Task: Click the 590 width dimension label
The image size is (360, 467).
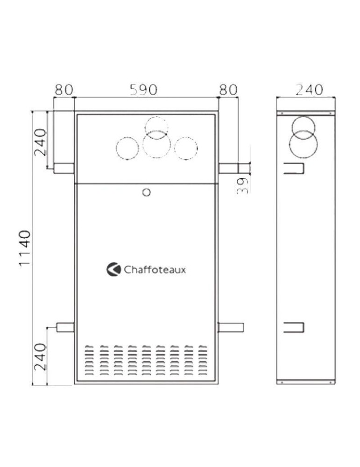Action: (x=143, y=90)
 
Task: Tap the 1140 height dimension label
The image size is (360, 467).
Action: (x=25, y=248)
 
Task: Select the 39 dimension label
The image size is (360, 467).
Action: (x=243, y=185)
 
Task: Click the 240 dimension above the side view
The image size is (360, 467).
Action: (x=309, y=90)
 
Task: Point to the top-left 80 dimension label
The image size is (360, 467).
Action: (x=64, y=90)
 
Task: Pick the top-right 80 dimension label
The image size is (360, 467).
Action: (x=228, y=90)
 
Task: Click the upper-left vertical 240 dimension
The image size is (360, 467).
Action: (x=41, y=142)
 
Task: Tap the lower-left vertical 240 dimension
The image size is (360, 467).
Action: (x=41, y=357)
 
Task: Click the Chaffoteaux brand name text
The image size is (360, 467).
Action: (x=155, y=269)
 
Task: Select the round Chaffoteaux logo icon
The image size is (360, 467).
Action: (x=113, y=269)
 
